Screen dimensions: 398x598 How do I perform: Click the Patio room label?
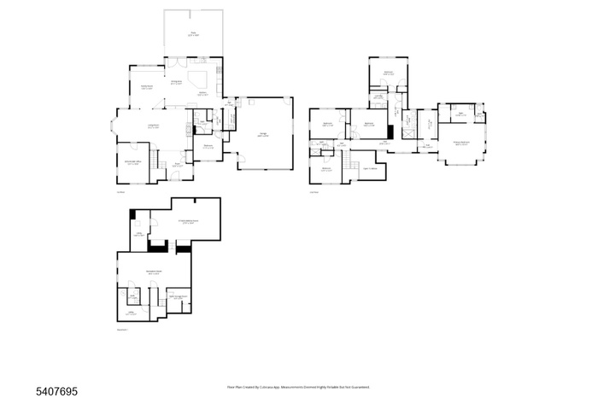click(x=193, y=34)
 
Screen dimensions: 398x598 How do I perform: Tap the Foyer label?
click(x=179, y=165)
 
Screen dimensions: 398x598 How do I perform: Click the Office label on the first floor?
click(x=133, y=162)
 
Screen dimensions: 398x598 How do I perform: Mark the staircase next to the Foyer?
click(x=155, y=162)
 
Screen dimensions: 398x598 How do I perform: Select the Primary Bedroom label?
click(x=461, y=144)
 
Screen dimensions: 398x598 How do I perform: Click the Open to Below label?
click(x=371, y=168)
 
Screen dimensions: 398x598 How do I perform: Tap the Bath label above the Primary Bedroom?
click(x=460, y=114)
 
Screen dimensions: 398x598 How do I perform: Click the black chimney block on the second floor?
click(x=390, y=132)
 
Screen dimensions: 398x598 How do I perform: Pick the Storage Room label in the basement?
click(x=177, y=297)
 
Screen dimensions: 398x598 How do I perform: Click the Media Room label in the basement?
click(x=189, y=221)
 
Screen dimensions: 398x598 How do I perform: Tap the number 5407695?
click(x=57, y=391)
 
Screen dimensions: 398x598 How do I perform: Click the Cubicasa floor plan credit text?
click(x=298, y=387)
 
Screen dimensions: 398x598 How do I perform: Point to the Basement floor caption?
click(x=121, y=329)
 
